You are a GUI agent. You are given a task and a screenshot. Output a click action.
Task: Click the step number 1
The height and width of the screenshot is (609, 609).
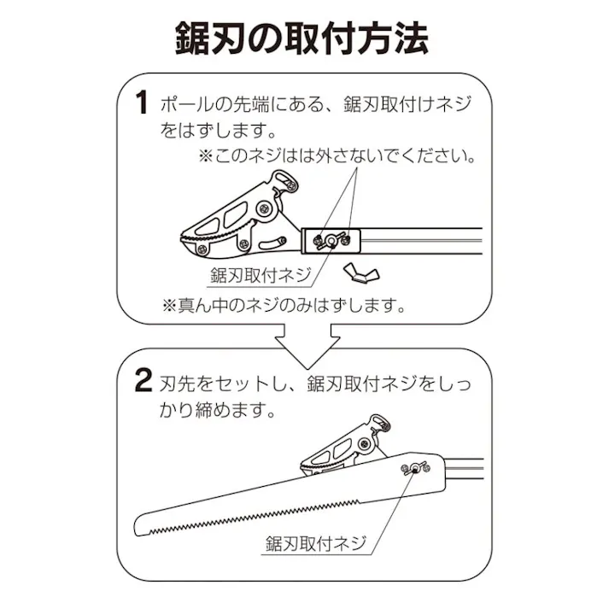(141, 106)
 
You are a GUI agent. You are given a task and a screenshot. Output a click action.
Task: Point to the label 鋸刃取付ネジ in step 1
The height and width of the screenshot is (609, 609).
(259, 276)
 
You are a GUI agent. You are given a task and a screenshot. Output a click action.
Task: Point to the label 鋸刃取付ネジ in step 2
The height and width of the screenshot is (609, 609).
(315, 542)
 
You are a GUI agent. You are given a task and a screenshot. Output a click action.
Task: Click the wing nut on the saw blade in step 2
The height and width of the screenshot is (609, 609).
(415, 468)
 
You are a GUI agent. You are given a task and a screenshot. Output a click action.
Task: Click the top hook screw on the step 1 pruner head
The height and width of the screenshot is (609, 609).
(288, 181)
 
